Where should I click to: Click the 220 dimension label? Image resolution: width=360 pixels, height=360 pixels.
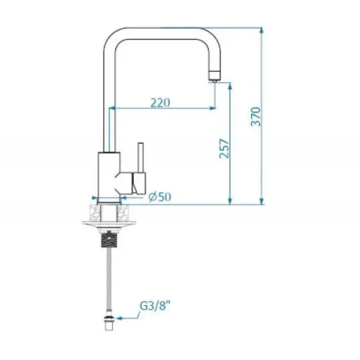click(161, 103)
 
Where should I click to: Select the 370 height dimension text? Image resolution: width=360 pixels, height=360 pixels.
click(256, 117)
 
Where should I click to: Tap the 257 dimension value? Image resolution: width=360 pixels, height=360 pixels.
click(225, 148)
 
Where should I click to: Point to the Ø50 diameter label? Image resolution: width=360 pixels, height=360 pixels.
click(160, 197)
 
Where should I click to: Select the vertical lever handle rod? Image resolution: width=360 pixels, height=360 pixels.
click(141, 158)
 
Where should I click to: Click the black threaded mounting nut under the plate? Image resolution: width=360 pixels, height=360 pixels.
click(109, 239)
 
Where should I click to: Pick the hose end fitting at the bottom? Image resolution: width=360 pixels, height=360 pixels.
click(109, 320)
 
